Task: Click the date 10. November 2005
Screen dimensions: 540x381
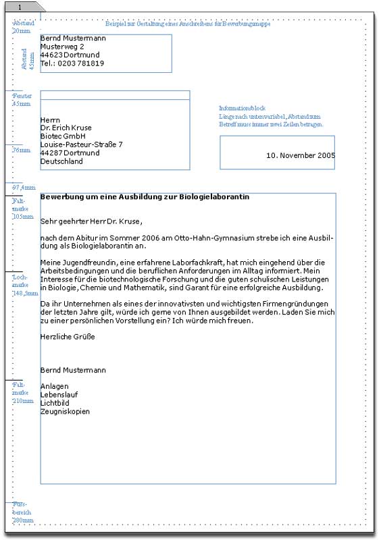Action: [301, 155]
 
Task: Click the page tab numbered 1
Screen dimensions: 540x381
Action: [22, 6]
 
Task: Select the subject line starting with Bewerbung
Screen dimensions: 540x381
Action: [145, 196]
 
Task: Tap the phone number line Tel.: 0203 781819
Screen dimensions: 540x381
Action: [72, 63]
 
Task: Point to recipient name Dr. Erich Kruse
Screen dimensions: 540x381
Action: [66, 128]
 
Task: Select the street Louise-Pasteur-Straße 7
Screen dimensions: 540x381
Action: [81, 144]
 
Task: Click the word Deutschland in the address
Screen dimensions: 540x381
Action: [61, 161]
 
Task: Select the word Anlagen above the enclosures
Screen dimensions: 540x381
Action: [54, 386]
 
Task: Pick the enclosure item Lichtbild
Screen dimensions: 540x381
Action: [55, 403]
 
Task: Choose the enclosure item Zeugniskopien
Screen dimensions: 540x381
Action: [65, 411]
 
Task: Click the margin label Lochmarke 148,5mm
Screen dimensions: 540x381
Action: [23, 286]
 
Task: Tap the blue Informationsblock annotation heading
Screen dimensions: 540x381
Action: [242, 108]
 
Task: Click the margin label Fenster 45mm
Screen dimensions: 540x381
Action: [22, 100]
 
